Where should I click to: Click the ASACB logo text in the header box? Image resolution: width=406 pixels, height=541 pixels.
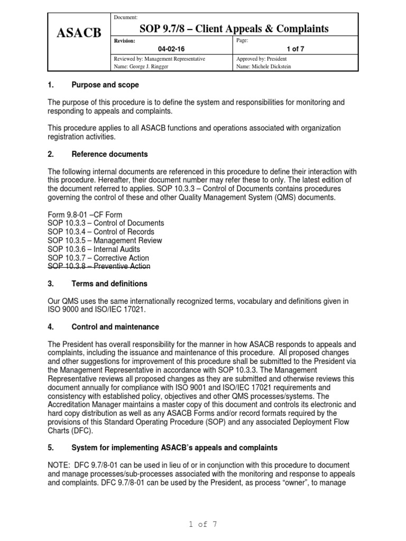coord(79,34)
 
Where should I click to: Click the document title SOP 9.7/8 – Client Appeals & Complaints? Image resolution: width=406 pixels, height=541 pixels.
coord(234,29)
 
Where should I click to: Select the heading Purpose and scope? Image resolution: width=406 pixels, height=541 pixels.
coord(105,85)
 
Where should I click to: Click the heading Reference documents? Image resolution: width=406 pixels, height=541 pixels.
coord(109,154)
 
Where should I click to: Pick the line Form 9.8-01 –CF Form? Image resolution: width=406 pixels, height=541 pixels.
coord(85,214)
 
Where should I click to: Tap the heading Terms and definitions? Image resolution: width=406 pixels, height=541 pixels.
coord(109,284)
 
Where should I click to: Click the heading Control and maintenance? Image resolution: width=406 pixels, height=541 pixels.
coord(115,327)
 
